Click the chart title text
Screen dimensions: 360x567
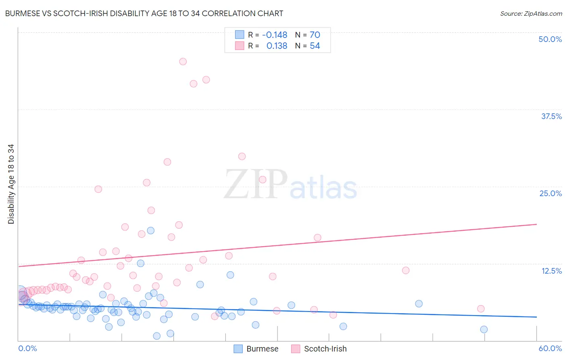click(144, 13)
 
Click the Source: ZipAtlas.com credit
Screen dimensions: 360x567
click(531, 13)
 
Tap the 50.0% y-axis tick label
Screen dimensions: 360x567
click(550, 39)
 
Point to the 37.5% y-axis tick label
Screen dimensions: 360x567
click(551, 116)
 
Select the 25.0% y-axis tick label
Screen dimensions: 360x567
click(550, 193)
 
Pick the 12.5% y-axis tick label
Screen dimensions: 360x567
click(551, 271)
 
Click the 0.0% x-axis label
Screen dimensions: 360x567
click(27, 348)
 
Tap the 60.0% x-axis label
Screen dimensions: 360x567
click(550, 348)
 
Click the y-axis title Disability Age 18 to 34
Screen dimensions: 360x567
click(11, 184)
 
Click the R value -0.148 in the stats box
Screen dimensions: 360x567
click(274, 35)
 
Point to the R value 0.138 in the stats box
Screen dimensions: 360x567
click(277, 46)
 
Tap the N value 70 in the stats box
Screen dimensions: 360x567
click(315, 35)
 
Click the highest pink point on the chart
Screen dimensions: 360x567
click(183, 61)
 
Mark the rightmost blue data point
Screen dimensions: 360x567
click(484, 329)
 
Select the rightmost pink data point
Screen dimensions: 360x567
click(481, 309)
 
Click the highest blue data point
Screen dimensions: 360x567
click(151, 230)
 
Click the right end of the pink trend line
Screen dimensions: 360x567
click(536, 224)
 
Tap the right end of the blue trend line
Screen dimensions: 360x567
click(536, 317)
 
